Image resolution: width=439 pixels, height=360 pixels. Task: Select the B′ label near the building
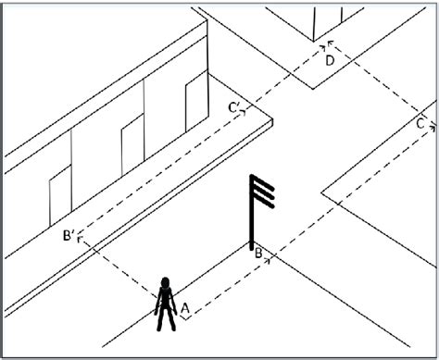click(x=68, y=238)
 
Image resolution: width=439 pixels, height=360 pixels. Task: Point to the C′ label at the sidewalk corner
click(x=235, y=108)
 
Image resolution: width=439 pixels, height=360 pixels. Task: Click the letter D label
click(x=329, y=60)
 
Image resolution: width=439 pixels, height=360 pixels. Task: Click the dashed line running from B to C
click(x=343, y=190)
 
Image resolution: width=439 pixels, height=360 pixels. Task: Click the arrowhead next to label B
click(x=270, y=260)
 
